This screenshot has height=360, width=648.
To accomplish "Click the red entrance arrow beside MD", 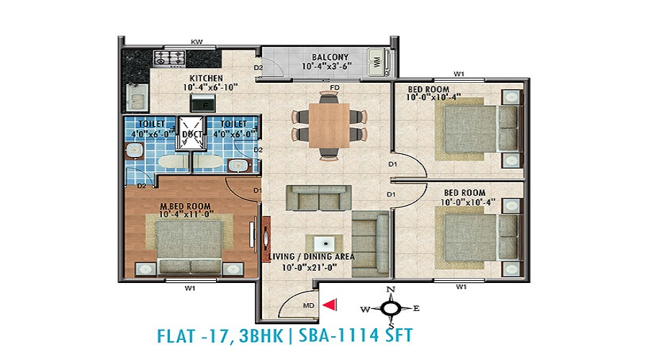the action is point(330,305).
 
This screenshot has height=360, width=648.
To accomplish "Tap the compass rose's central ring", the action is point(390,308).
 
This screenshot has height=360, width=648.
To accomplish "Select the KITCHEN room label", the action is point(206,78).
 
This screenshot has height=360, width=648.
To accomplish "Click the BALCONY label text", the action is point(330,57).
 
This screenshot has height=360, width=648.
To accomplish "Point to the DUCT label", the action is point(192,134).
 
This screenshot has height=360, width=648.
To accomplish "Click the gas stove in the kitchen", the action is point(169,58).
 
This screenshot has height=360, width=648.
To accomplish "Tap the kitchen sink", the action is point(136,97).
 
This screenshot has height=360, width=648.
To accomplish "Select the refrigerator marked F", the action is point(202,103).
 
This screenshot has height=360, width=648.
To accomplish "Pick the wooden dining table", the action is point(329,125).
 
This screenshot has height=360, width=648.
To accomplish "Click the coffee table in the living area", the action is point(324,244).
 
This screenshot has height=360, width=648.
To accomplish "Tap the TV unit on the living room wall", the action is point(266,239).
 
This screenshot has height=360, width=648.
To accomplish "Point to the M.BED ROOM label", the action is point(185,206).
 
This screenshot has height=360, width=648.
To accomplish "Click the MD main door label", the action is point(309,305).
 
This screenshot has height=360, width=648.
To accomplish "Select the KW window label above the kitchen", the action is point(197,42).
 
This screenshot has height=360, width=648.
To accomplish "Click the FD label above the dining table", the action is point(335,88).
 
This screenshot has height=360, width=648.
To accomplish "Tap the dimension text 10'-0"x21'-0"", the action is point(310,267).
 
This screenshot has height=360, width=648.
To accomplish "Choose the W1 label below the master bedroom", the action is point(189,288).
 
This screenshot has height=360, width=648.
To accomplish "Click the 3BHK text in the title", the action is point(261,336).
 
